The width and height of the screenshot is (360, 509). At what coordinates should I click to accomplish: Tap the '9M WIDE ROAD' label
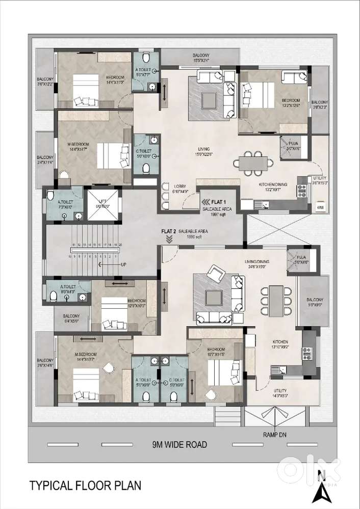point(179,444)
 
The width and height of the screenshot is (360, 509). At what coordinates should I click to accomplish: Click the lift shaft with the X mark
point(104,204)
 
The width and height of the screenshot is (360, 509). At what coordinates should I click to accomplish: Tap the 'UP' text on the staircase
point(122,265)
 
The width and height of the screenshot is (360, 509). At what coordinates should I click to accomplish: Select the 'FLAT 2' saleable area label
point(169,231)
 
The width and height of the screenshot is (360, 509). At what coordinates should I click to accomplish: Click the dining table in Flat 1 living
point(252,163)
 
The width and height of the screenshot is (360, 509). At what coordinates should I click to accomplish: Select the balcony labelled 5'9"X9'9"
point(314,302)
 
